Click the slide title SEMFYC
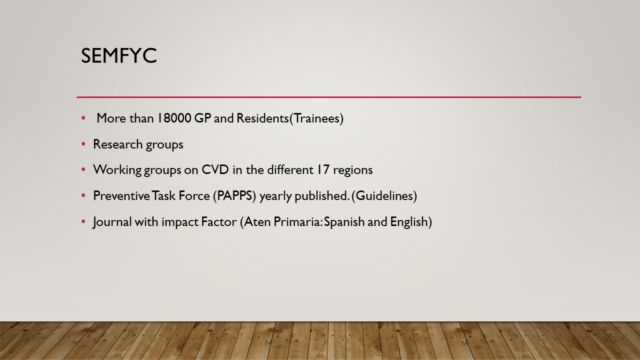point(119,55)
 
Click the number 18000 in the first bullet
point(174,118)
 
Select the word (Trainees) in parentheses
point(316,118)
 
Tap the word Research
point(117,144)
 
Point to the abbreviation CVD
point(215,169)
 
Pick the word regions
point(353,171)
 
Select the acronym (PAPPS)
point(234,196)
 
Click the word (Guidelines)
point(384,196)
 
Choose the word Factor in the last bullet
point(219,222)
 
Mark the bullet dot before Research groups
point(83,144)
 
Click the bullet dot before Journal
point(83,221)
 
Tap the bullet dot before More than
point(83,118)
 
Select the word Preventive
point(121,196)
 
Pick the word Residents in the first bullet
point(263,118)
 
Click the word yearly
point(275,197)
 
